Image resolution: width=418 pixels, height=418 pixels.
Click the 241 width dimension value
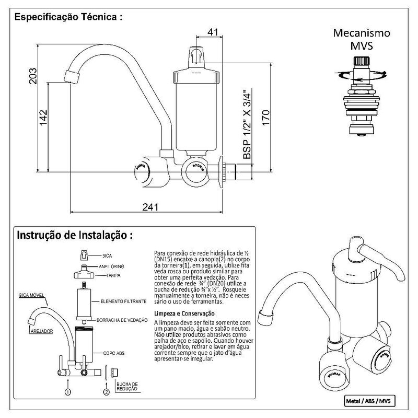pyautogui.click(x=150, y=207)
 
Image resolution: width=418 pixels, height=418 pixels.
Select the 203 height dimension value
pyautogui.click(x=33, y=78)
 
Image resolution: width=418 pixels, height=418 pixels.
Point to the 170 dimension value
pyautogui.click(x=265, y=117)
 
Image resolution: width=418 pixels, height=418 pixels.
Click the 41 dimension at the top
pyautogui.click(x=213, y=32)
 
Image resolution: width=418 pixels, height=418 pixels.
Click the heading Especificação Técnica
pyautogui.click(x=68, y=17)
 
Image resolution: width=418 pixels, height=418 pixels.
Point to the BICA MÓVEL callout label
pyautogui.click(x=32, y=294)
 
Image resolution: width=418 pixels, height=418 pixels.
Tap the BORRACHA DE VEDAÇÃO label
pyautogui.click(x=122, y=319)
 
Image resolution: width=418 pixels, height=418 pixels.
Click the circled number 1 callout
pyautogui.click(x=67, y=391)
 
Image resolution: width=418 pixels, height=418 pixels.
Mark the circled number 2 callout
pyautogui.click(x=107, y=391)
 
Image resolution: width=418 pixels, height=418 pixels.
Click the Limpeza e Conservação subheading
pyautogui.click(x=183, y=313)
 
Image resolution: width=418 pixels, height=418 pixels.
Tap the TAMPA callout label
pyautogui.click(x=107, y=275)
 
